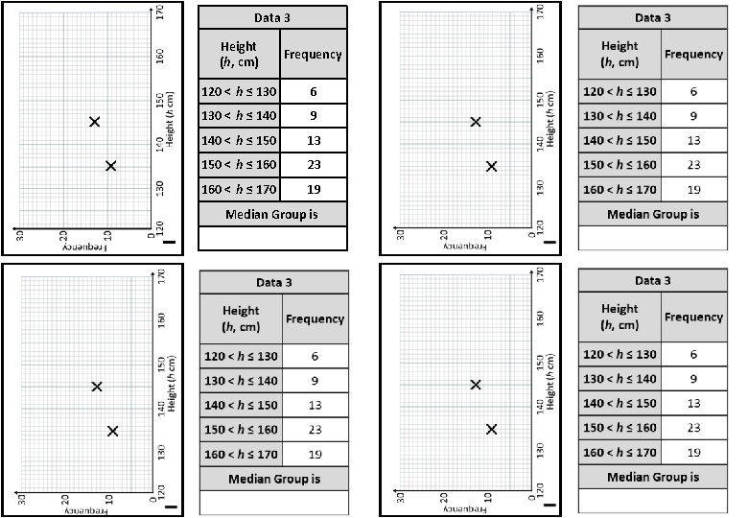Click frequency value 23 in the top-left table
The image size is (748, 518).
(x=314, y=164)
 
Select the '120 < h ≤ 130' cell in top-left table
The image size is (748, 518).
(x=239, y=92)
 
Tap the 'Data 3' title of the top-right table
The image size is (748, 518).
(x=653, y=18)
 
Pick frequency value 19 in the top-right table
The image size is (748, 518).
(x=694, y=189)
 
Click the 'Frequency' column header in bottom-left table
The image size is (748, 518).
(x=315, y=318)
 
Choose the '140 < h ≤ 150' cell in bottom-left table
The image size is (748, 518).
(x=241, y=405)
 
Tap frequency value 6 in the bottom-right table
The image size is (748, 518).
(x=694, y=355)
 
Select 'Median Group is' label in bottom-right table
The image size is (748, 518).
(x=653, y=477)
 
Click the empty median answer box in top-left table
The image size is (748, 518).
(x=272, y=237)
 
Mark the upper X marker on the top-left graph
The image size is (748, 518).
(x=94, y=122)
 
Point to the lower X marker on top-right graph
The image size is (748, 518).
(x=492, y=166)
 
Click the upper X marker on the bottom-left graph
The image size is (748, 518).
(x=97, y=387)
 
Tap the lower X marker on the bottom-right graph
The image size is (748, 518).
(x=492, y=429)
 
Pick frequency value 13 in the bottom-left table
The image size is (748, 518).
(x=315, y=405)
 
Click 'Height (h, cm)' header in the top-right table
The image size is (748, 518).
(x=619, y=54)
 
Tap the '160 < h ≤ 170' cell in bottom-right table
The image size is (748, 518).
(x=619, y=453)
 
